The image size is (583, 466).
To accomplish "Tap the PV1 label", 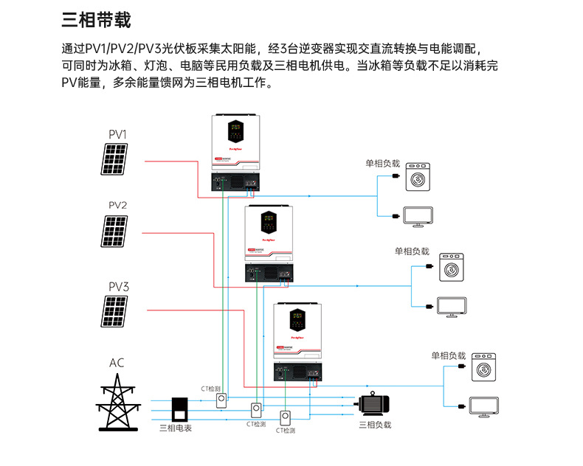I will tap(117, 134).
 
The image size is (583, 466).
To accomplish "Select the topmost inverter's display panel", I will tap(236, 133).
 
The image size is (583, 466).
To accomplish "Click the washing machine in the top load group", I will tap(418, 178).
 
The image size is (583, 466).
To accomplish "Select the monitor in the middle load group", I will tap(451, 306).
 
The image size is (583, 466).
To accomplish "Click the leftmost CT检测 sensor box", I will tap(221, 400).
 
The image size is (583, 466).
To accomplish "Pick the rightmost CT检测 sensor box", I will tap(286, 417).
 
